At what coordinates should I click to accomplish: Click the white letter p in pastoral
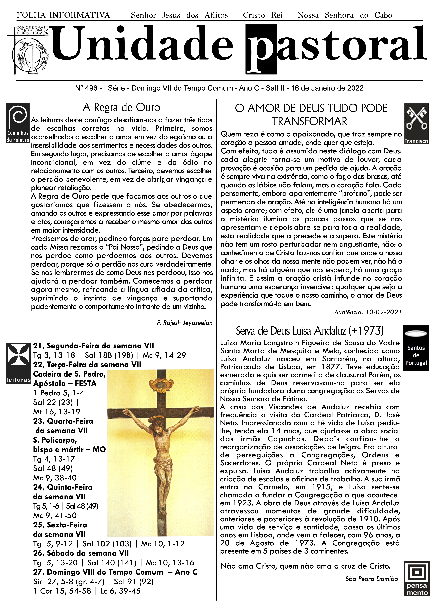[261, 49]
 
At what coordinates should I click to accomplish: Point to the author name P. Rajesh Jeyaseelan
[185, 323]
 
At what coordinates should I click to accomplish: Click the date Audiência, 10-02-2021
[368, 312]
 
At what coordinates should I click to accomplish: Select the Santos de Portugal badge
[416, 348]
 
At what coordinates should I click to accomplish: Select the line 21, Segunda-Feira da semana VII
[94, 346]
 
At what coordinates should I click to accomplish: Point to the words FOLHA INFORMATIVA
[63, 15]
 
